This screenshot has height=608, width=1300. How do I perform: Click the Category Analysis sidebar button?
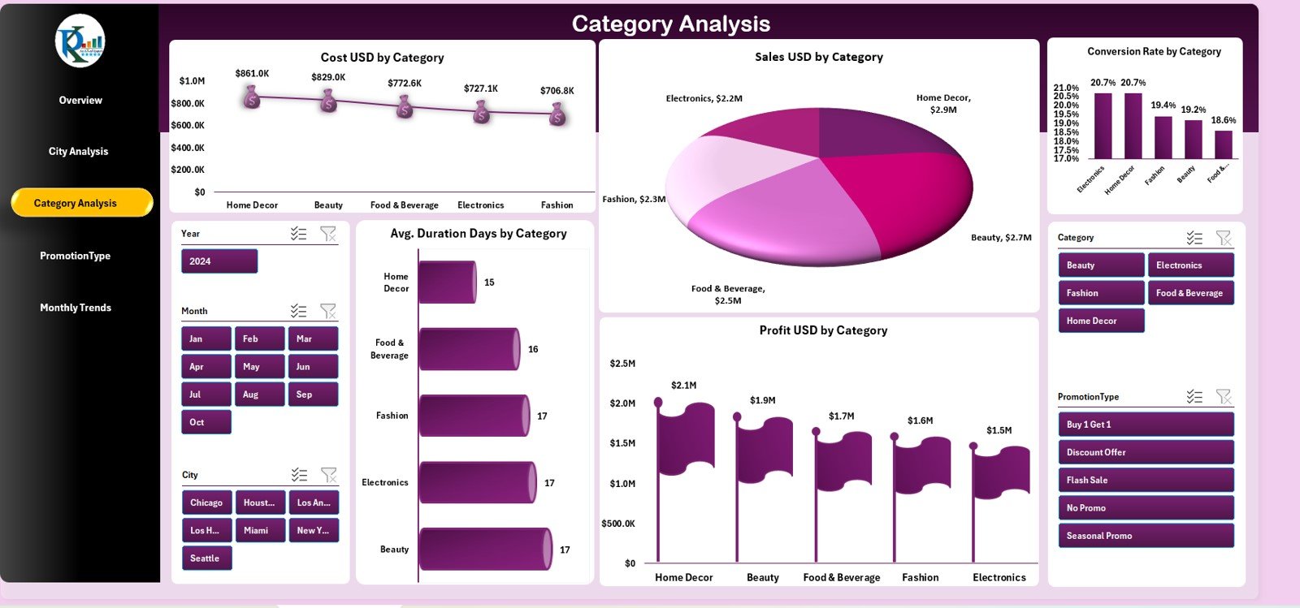[81, 203]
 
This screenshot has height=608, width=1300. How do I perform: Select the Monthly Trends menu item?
[76, 308]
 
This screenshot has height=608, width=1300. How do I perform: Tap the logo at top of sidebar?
[80, 41]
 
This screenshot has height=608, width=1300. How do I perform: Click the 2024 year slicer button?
[219, 261]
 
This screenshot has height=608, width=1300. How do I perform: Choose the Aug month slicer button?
[259, 395]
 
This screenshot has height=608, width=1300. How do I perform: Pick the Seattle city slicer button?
[206, 558]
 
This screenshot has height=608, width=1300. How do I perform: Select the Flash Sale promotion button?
[1145, 481]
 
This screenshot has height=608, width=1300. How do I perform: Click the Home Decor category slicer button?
[1100, 321]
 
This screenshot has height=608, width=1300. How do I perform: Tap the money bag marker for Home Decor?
[252, 97]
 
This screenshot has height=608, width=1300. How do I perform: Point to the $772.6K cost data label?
[405, 84]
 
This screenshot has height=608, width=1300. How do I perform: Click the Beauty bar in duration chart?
[484, 550]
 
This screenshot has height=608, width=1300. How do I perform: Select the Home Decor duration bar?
[447, 282]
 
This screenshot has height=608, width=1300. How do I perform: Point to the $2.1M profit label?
[683, 386]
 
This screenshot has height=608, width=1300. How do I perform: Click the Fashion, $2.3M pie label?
[633, 199]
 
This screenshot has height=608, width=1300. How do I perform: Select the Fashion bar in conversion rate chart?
[1163, 137]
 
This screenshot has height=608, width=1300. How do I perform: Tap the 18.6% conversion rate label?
[1223, 120]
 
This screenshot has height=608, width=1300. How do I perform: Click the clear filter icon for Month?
[328, 311]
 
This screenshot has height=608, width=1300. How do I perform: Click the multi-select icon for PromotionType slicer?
[1194, 397]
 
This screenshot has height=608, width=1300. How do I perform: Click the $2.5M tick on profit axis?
[622, 364]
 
